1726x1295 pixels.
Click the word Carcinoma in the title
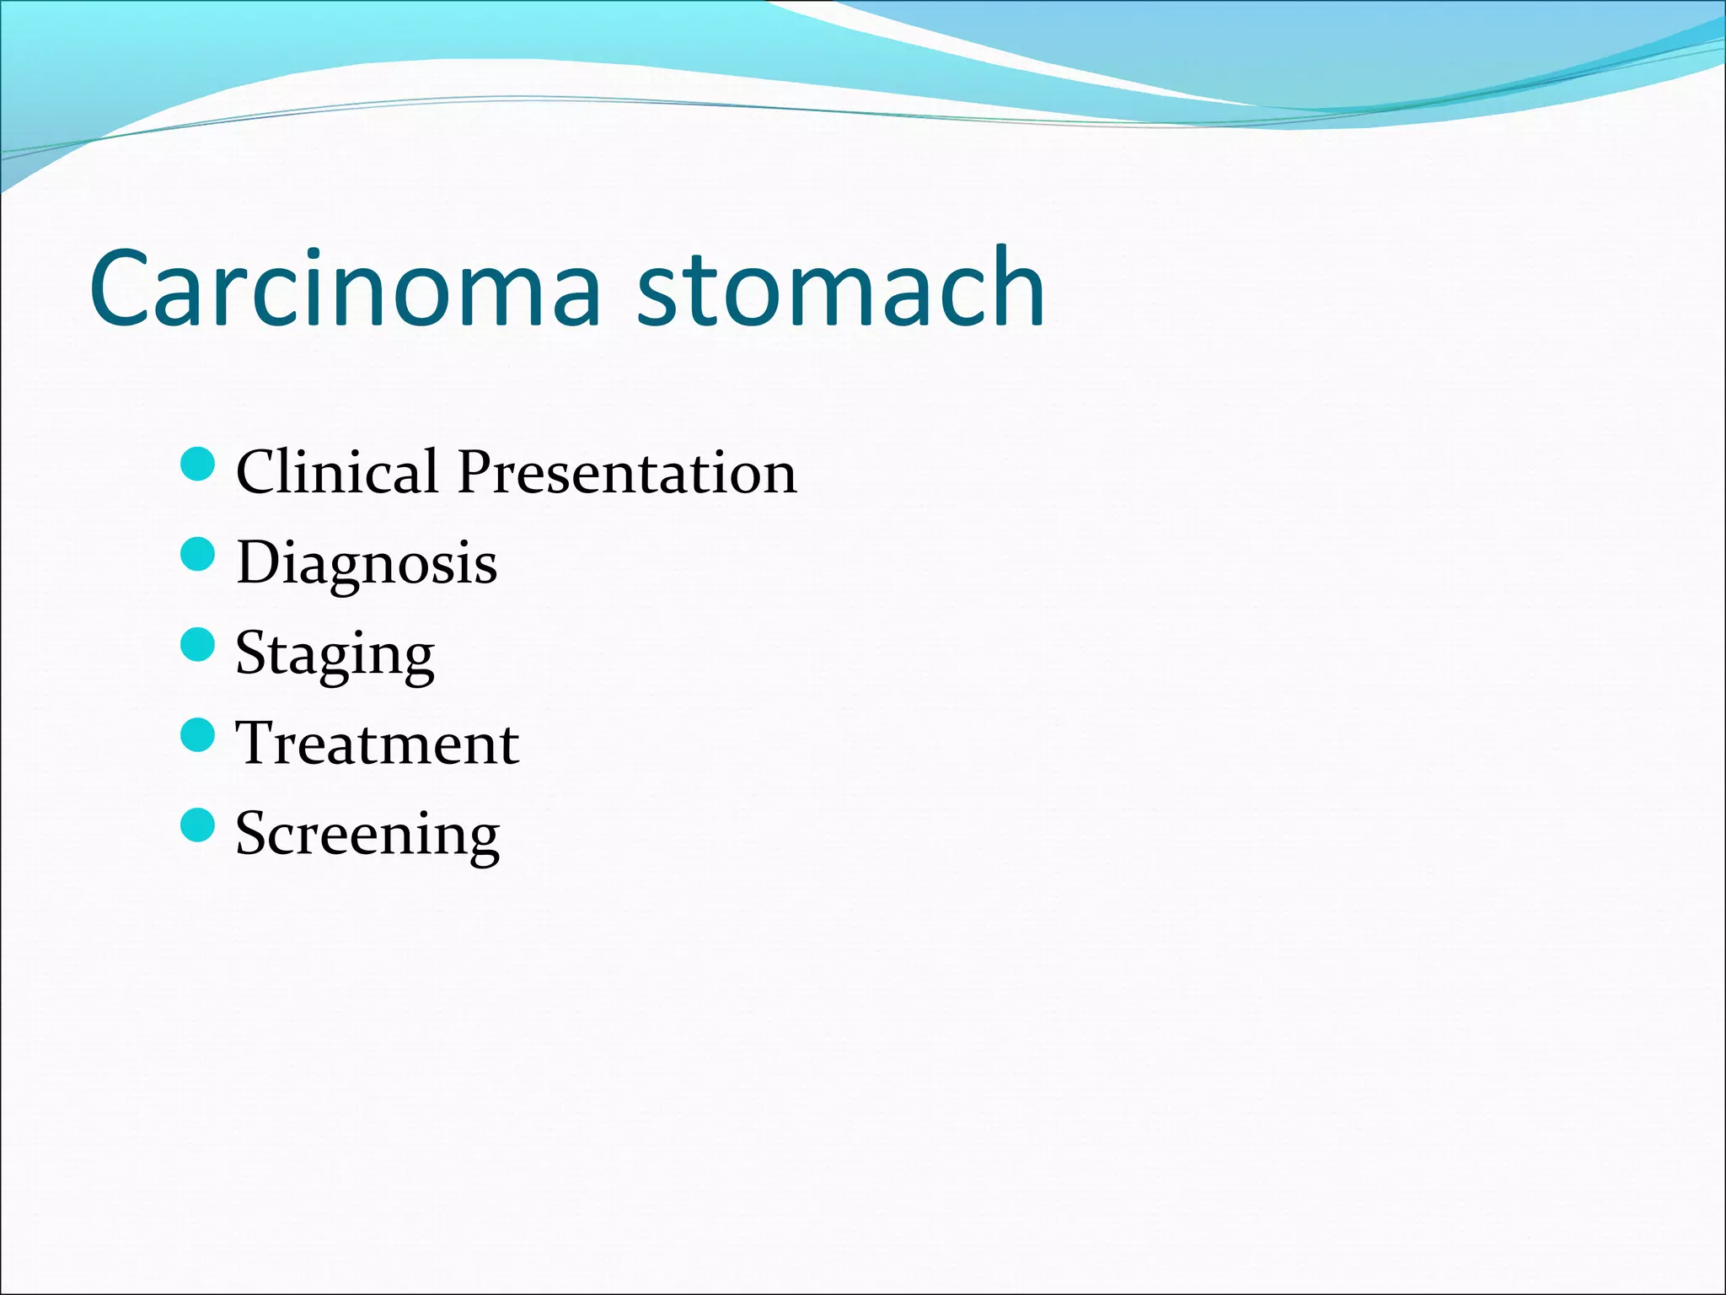346,288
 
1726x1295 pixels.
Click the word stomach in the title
840,288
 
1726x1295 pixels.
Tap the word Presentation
627,472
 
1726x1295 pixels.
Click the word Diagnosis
367,563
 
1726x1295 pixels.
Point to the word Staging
335,654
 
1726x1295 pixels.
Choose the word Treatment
377,744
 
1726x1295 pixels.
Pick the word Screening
367,835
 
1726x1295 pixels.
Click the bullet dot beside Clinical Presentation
198,464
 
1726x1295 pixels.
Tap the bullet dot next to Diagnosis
198,554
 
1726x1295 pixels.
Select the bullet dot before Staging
198,644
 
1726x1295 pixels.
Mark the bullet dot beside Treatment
198,734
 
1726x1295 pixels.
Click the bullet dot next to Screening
198,825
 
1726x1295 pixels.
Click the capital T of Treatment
255,744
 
